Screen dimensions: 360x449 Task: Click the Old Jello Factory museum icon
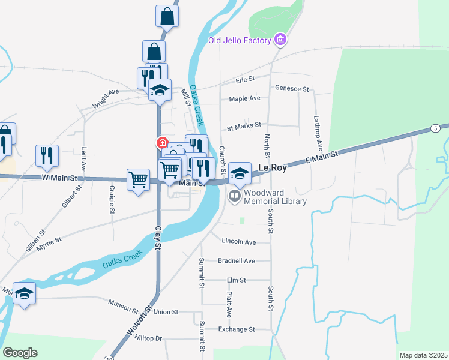tap(279, 40)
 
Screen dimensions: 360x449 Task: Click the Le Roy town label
tap(271, 169)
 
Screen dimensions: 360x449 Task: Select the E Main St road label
tap(322, 157)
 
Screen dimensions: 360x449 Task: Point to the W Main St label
tap(60, 178)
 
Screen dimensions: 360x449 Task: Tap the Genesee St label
tap(291, 88)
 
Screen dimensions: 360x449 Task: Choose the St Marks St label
tap(244, 126)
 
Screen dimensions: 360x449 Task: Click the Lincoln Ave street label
tap(238, 242)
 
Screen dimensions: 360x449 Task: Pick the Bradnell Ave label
tap(237, 261)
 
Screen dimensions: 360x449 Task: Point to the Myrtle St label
tap(50, 241)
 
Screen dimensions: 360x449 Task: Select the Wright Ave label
tap(106, 99)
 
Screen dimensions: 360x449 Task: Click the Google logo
tap(20, 353)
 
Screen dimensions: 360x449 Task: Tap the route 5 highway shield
tap(434, 128)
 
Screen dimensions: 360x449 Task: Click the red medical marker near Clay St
tap(162, 142)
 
